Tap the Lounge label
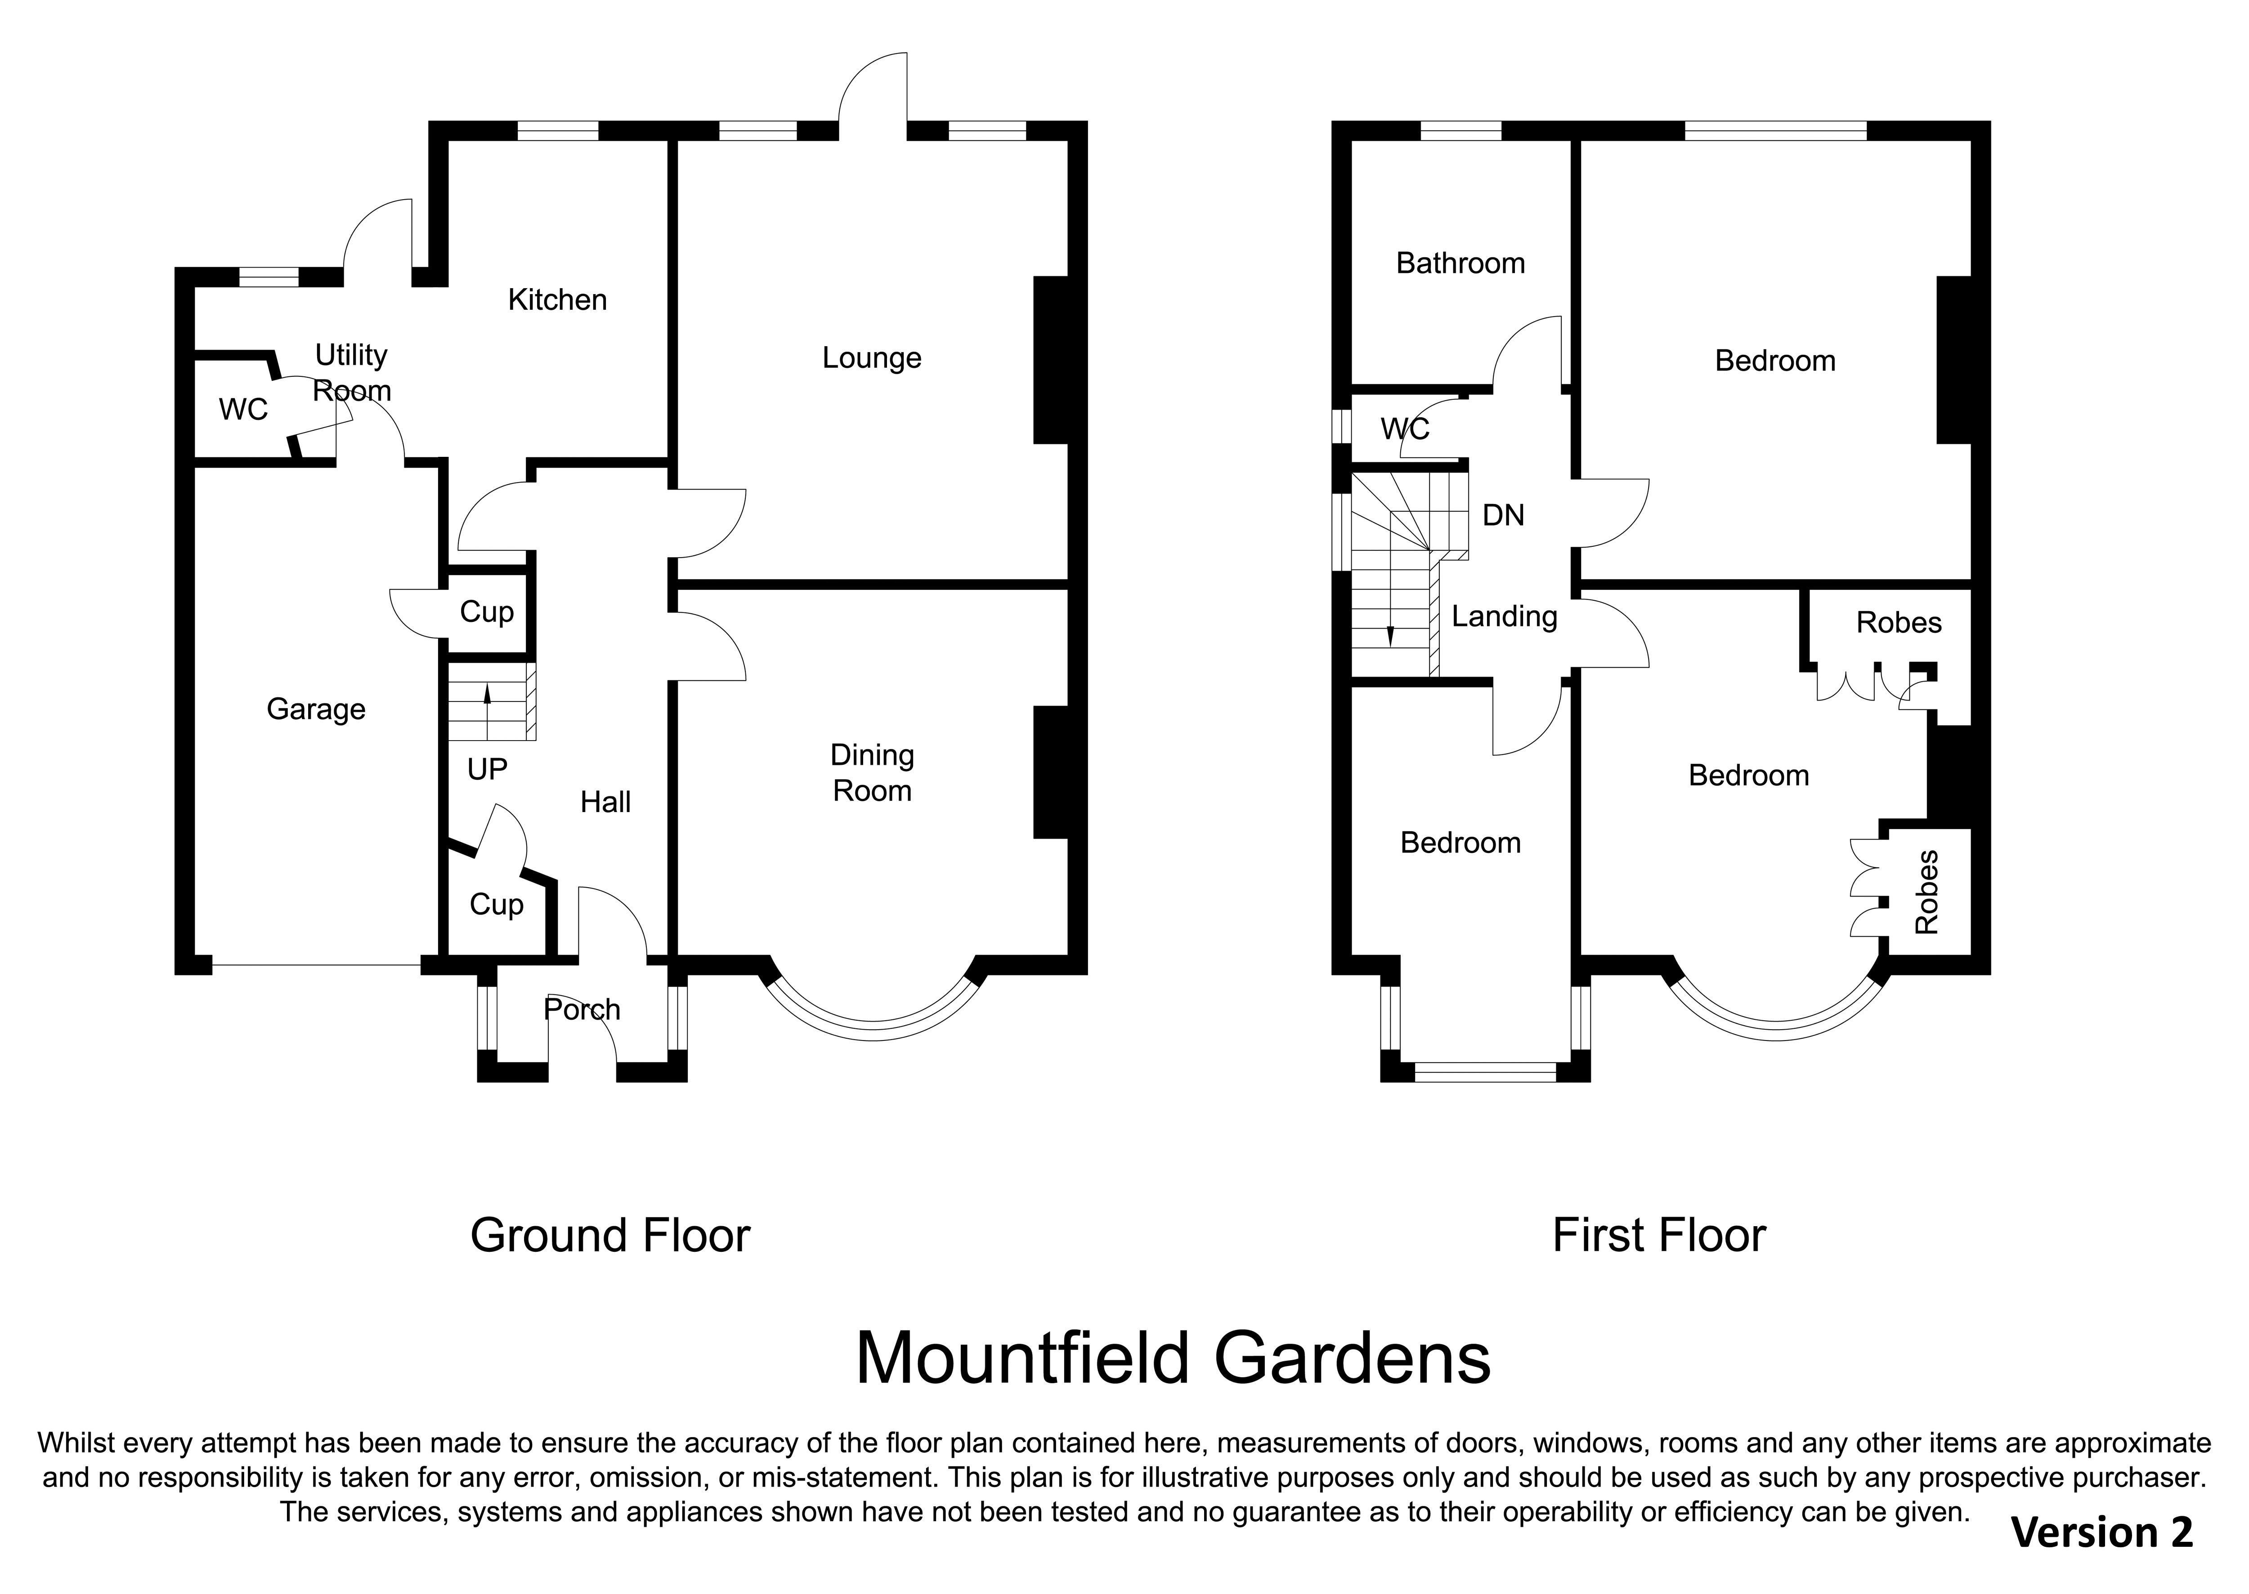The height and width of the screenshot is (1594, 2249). [x=872, y=358]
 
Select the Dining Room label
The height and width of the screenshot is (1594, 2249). [x=872, y=772]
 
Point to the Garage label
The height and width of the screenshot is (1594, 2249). [x=316, y=710]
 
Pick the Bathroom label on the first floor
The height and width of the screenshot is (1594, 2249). [x=1461, y=263]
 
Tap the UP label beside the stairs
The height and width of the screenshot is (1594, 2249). [x=487, y=769]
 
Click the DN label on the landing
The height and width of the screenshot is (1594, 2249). [x=1503, y=515]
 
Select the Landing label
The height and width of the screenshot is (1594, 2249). [x=1505, y=616]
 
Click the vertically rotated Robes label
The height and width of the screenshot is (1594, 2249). [x=1927, y=892]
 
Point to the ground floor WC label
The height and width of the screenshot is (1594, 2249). [x=243, y=409]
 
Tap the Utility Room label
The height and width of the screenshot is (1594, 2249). [x=351, y=373]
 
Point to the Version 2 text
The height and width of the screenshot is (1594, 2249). [x=2102, y=1532]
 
